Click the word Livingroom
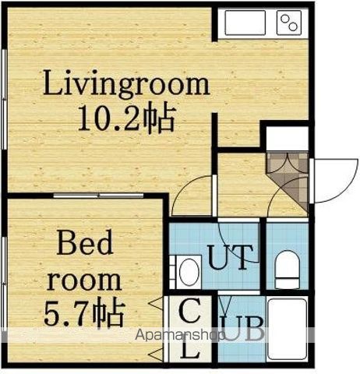click(x=126, y=84)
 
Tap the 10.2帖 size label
click(x=126, y=119)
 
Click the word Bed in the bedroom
click(x=85, y=242)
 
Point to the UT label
click(x=231, y=257)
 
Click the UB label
click(x=242, y=328)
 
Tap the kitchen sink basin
click(x=245, y=23)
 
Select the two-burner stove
click(x=289, y=23)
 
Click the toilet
click(x=287, y=269)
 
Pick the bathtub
click(x=288, y=329)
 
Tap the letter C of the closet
click(x=190, y=310)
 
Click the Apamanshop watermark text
click(x=179, y=335)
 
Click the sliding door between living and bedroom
click(x=98, y=196)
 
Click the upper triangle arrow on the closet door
click(x=157, y=302)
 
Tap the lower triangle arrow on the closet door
click(x=157, y=354)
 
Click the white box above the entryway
click(x=288, y=138)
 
